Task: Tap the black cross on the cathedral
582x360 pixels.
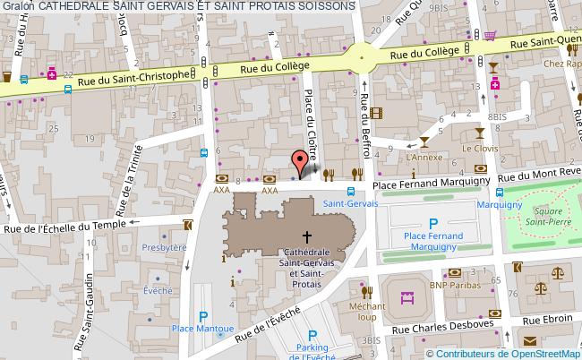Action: point(307,238)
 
